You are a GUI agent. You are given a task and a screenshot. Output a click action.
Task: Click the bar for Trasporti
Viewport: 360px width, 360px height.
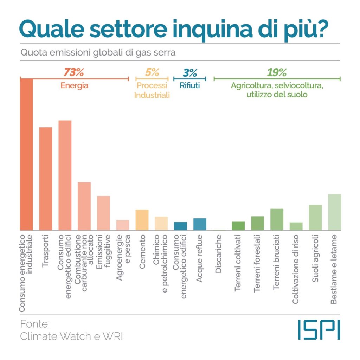pos(46,179)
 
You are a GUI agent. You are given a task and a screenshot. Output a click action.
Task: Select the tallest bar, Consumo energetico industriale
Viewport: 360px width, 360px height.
pos(26,154)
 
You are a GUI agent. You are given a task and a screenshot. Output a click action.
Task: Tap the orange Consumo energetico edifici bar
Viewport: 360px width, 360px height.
pos(65,175)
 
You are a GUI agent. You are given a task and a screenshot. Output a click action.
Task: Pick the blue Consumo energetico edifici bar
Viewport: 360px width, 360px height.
pos(180,226)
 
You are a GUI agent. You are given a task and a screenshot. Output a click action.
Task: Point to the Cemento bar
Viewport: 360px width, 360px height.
pos(142,220)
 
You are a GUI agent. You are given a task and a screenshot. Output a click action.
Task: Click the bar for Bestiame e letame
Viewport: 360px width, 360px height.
pos(335,212)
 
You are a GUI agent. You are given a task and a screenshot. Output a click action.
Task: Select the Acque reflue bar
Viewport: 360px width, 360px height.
pos(200,224)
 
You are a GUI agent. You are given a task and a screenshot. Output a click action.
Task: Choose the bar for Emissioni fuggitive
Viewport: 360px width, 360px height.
pos(104,213)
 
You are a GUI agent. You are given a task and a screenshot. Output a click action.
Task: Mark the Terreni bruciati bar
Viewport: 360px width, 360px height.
pos(277,219)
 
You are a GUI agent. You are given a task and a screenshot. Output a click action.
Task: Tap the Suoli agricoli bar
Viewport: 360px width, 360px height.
pos(315,217)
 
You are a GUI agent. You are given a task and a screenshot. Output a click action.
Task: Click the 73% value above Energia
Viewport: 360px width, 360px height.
pos(74,72)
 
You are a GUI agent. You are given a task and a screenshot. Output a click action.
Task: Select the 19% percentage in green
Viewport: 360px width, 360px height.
pos(277,72)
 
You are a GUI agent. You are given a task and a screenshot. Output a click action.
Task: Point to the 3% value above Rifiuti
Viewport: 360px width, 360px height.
pos(190,73)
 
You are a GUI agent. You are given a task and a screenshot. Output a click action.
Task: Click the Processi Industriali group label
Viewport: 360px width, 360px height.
pos(152,90)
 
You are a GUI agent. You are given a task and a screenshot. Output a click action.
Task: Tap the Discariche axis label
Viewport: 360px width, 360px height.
pos(218,254)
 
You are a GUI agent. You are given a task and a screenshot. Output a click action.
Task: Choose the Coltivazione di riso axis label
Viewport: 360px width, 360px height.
pos(295,269)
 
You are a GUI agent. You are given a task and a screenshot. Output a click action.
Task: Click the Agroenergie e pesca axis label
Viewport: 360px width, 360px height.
pos(123,257)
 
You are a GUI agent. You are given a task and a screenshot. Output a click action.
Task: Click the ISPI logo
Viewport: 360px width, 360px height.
pos(319,330)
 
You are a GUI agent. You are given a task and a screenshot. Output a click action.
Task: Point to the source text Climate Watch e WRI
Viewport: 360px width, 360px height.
pos(71,336)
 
